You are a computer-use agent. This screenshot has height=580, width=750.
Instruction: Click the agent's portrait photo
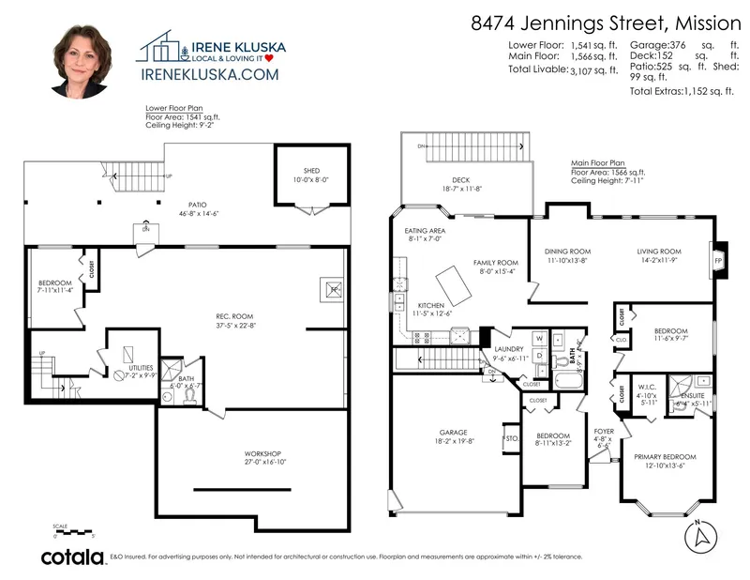coord(84,62)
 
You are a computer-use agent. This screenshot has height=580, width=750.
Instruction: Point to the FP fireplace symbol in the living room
coord(719,260)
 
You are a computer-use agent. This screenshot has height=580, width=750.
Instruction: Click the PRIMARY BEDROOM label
coord(667,456)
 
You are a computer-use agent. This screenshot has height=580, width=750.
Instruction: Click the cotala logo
coord(72,557)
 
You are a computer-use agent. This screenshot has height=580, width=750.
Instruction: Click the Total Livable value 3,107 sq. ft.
coord(593,70)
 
